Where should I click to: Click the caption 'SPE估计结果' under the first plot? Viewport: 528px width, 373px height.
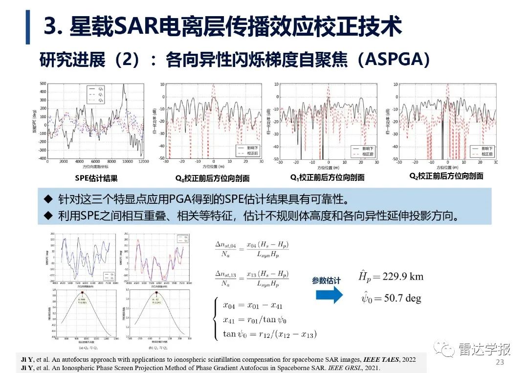click(96, 178)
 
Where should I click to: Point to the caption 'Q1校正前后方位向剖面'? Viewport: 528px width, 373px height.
click(328, 177)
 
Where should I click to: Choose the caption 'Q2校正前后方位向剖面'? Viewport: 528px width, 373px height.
click(446, 176)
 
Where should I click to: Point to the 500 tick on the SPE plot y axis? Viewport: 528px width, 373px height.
click(43, 83)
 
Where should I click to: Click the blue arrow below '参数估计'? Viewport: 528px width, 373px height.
click(329, 294)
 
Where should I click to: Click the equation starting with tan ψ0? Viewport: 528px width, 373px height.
click(270, 334)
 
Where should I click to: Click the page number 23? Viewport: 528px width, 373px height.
click(499, 362)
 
